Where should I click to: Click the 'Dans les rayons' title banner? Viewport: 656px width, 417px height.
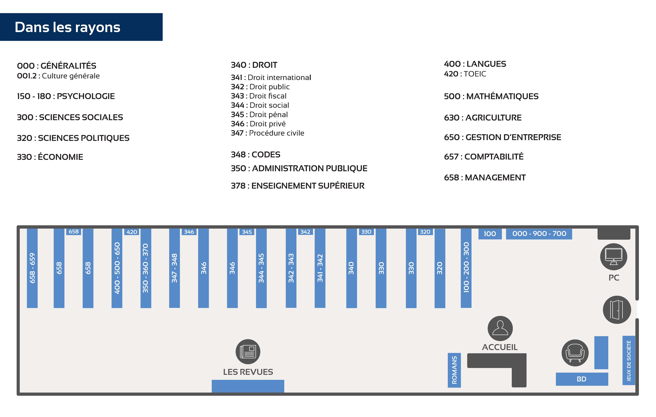click(81, 27)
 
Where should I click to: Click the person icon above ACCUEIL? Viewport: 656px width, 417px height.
click(500, 328)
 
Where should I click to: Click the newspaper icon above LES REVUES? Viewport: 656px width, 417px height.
click(248, 351)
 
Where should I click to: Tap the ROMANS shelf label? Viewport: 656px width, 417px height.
click(454, 370)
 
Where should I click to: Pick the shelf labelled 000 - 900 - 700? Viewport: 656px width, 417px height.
click(539, 234)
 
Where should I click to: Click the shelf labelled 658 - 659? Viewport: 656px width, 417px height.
click(32, 268)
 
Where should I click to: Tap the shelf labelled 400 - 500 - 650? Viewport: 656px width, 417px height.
click(117, 268)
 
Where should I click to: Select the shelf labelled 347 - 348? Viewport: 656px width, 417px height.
click(174, 268)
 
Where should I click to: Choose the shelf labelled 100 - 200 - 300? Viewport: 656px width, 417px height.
click(466, 268)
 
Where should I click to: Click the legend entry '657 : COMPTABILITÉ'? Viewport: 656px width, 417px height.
click(484, 157)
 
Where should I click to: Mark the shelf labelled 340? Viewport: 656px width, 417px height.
click(351, 268)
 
